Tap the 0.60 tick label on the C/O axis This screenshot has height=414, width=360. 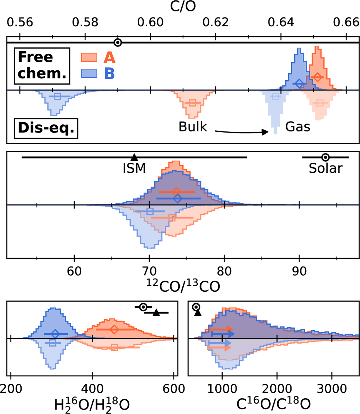tap(150, 22)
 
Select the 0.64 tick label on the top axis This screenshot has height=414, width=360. tap(281, 22)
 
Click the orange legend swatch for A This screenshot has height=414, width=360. tap(89, 57)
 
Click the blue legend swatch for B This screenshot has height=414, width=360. tap(89, 73)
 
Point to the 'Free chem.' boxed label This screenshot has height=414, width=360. tap(42, 66)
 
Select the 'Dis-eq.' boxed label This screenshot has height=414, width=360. tap(46, 128)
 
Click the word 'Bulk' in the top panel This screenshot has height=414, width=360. tap(193, 127)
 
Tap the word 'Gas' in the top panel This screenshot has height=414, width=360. tap(298, 127)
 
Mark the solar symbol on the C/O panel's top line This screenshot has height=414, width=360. tap(118, 43)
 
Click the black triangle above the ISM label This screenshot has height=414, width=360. tap(134, 157)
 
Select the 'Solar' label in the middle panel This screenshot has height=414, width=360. tap(325, 168)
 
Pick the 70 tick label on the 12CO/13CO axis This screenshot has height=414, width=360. tap(149, 271)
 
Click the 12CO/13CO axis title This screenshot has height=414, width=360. tap(183, 286)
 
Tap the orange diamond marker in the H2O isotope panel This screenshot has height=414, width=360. tap(114, 329)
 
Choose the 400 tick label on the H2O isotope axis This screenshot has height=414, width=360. tap(92, 389)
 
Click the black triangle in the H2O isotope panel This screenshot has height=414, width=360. tap(156, 313)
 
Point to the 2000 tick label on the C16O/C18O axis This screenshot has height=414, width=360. tap(277, 389)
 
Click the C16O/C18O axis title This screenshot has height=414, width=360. tap(273, 404)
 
